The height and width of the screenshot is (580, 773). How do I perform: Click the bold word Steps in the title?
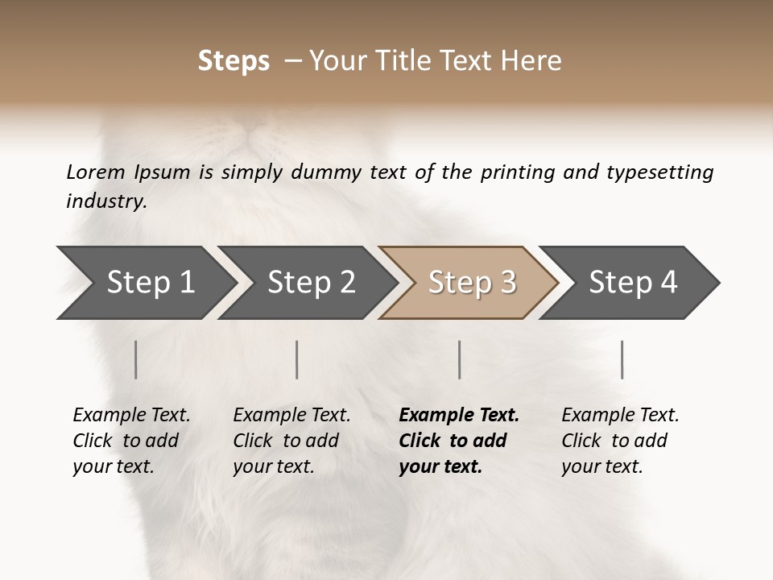[x=234, y=61]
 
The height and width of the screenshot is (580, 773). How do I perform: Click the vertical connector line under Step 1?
[x=136, y=359]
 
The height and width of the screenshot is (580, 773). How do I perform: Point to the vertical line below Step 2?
[x=297, y=359]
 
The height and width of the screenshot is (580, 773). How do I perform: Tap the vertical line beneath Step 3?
[x=460, y=359]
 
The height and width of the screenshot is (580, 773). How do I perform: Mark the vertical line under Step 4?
[x=622, y=359]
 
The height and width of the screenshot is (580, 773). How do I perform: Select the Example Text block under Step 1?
[x=131, y=441]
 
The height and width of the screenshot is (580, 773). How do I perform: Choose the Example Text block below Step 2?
[x=291, y=441]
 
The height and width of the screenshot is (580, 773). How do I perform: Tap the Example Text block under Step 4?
[x=620, y=441]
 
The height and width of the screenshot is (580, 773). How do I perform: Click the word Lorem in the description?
[x=96, y=172]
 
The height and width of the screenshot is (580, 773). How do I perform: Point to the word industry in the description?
[x=106, y=201]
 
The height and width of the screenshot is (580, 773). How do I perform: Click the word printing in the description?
[x=518, y=172]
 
